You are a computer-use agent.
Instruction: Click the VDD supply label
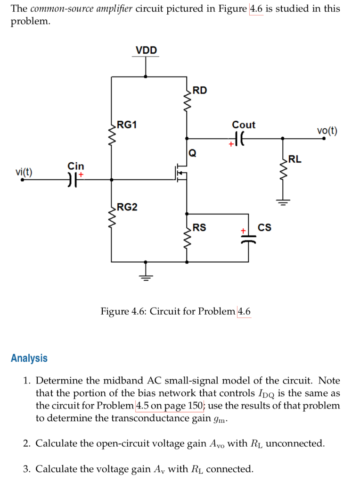[x=146, y=50]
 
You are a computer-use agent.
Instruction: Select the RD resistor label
[x=200, y=91]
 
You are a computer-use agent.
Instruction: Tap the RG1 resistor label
[x=127, y=125]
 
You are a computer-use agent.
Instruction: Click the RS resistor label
[x=199, y=227]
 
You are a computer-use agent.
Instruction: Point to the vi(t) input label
[x=24, y=172]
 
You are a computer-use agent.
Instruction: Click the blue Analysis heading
[x=29, y=358]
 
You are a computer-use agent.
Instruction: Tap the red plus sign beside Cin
[x=81, y=175]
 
